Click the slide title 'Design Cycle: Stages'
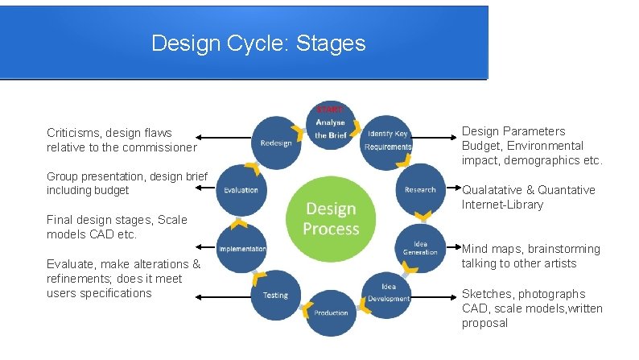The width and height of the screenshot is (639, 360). click(258, 43)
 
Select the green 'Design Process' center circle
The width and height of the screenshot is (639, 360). click(331, 217)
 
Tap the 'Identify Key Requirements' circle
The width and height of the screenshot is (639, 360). click(387, 141)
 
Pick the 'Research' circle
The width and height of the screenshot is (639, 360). click(419, 190)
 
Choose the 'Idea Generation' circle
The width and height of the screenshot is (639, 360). click(419, 247)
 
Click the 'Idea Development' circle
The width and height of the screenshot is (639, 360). click(387, 293)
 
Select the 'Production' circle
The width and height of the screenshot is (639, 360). click(331, 312)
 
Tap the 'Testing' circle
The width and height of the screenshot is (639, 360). click(275, 295)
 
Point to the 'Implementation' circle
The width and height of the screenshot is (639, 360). click(242, 249)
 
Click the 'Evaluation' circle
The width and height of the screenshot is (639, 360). click(241, 190)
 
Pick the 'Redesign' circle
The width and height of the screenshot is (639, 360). click(276, 143)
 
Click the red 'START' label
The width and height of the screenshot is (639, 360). click(330, 109)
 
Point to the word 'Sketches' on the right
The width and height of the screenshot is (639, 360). click(487, 294)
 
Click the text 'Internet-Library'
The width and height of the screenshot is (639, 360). click(502, 205)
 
